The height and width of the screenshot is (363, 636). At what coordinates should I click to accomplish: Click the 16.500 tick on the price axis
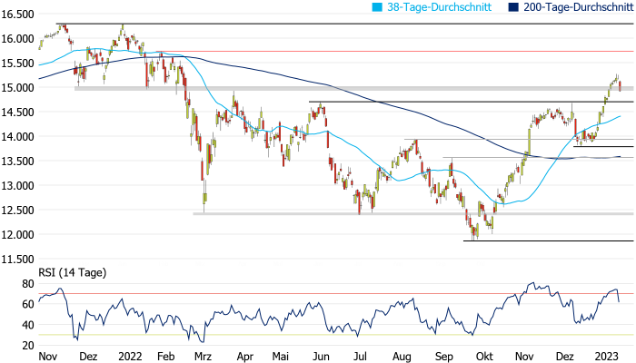(x=18, y=15)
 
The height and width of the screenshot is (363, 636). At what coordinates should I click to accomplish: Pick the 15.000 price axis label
(x=18, y=88)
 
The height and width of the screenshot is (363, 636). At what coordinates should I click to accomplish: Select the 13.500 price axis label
(x=18, y=162)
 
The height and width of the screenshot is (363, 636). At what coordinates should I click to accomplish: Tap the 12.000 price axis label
(x=18, y=235)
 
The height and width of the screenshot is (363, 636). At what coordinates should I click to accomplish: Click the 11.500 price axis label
(x=18, y=260)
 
